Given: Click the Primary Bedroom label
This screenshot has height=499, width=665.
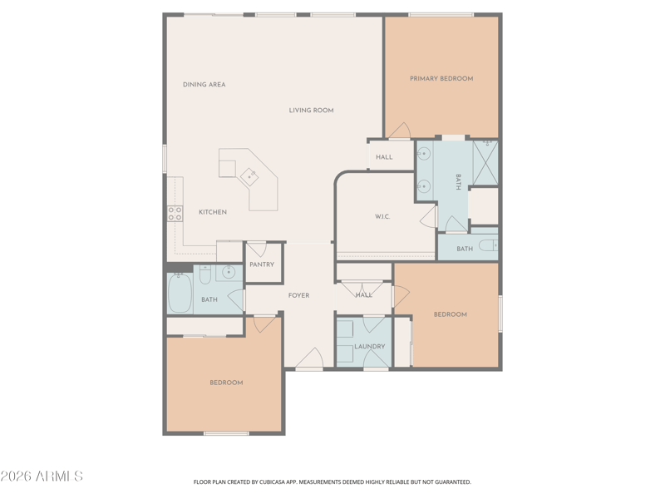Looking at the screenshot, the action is [441, 78].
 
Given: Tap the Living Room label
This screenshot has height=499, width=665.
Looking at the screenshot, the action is [311, 111].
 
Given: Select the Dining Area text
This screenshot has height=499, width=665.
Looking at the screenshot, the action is [204, 85].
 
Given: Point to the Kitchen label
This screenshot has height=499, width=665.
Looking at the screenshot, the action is [213, 212].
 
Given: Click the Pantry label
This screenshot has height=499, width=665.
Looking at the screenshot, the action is [262, 264].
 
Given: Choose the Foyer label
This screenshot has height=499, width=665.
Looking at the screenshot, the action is [299, 295].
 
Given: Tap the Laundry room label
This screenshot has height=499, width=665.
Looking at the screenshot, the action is [370, 346].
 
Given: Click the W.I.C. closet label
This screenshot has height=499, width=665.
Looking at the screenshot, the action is [382, 216].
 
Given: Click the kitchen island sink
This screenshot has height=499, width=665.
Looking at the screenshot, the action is [249, 176].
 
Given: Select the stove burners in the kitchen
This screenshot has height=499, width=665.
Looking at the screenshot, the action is [175, 214].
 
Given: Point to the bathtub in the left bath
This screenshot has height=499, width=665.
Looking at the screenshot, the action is [180, 293].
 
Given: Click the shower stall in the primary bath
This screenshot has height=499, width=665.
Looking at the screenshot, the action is [485, 163].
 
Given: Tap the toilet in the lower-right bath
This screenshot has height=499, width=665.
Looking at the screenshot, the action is [488, 245].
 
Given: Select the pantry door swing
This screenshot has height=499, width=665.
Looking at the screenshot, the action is [256, 249].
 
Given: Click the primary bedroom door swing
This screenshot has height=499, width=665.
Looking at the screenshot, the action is [400, 131].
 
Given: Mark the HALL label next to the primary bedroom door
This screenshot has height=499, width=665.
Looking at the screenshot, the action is [384, 157].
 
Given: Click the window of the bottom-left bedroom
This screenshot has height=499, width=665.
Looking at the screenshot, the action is [226, 433].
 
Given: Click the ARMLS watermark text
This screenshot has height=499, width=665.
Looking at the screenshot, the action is [42, 476].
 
